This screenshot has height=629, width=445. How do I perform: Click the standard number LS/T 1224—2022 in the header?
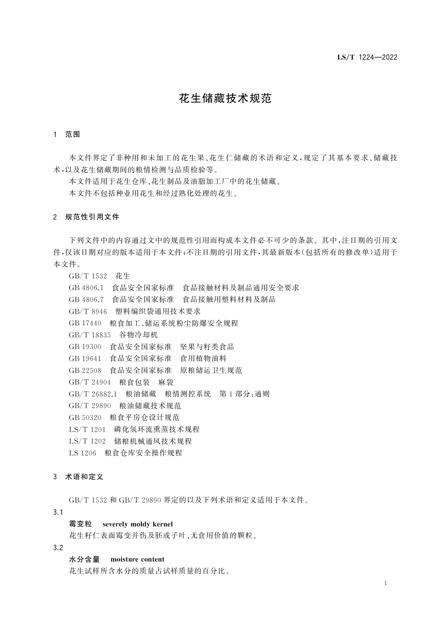(362, 57)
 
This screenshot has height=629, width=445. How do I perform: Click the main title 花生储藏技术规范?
(225, 99)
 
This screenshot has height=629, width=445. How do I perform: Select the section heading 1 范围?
(67, 134)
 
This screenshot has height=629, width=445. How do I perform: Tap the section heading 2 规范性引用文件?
(86, 217)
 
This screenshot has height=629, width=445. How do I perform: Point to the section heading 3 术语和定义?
(78, 477)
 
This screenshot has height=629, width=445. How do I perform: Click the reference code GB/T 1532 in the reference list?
(88, 276)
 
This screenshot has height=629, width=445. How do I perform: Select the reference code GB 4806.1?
(86, 288)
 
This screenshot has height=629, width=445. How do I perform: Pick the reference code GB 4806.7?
(86, 300)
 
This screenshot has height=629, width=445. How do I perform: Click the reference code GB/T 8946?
(88, 312)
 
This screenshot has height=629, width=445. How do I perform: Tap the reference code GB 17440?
(85, 323)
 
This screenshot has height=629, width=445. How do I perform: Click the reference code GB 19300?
(85, 347)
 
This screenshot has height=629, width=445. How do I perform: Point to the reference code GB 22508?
(85, 371)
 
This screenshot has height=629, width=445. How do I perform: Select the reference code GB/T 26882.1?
(93, 394)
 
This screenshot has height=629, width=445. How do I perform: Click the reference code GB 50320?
(85, 418)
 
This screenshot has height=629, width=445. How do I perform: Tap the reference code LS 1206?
(82, 453)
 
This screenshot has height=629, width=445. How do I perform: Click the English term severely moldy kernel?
(137, 524)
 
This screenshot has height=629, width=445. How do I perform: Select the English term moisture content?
(137, 560)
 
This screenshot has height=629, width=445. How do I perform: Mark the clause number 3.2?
(58, 548)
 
